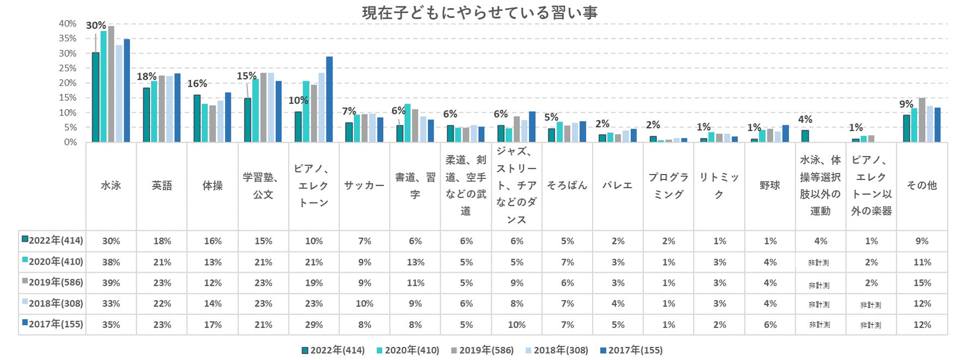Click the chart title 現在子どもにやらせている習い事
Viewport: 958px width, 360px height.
point(479,12)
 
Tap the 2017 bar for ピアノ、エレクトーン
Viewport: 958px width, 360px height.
point(329,99)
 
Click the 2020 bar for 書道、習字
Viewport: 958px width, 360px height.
point(407,123)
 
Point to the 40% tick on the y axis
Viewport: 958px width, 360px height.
point(68,23)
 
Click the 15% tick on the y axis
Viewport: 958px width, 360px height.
point(68,98)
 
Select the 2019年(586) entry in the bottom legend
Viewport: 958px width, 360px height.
point(482,350)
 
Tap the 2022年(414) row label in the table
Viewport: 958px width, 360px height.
point(52,241)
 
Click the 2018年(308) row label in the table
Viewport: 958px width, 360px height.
point(52,303)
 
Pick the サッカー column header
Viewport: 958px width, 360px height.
point(364,185)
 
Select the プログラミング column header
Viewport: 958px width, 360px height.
point(668,185)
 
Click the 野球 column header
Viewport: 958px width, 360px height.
point(770,185)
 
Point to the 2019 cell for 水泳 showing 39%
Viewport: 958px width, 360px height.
point(111,283)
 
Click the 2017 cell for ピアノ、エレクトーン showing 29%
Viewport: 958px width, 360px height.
point(314,325)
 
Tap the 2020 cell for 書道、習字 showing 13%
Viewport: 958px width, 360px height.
point(415,262)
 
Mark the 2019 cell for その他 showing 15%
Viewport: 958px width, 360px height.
point(922,283)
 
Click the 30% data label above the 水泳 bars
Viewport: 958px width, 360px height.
point(96,25)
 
